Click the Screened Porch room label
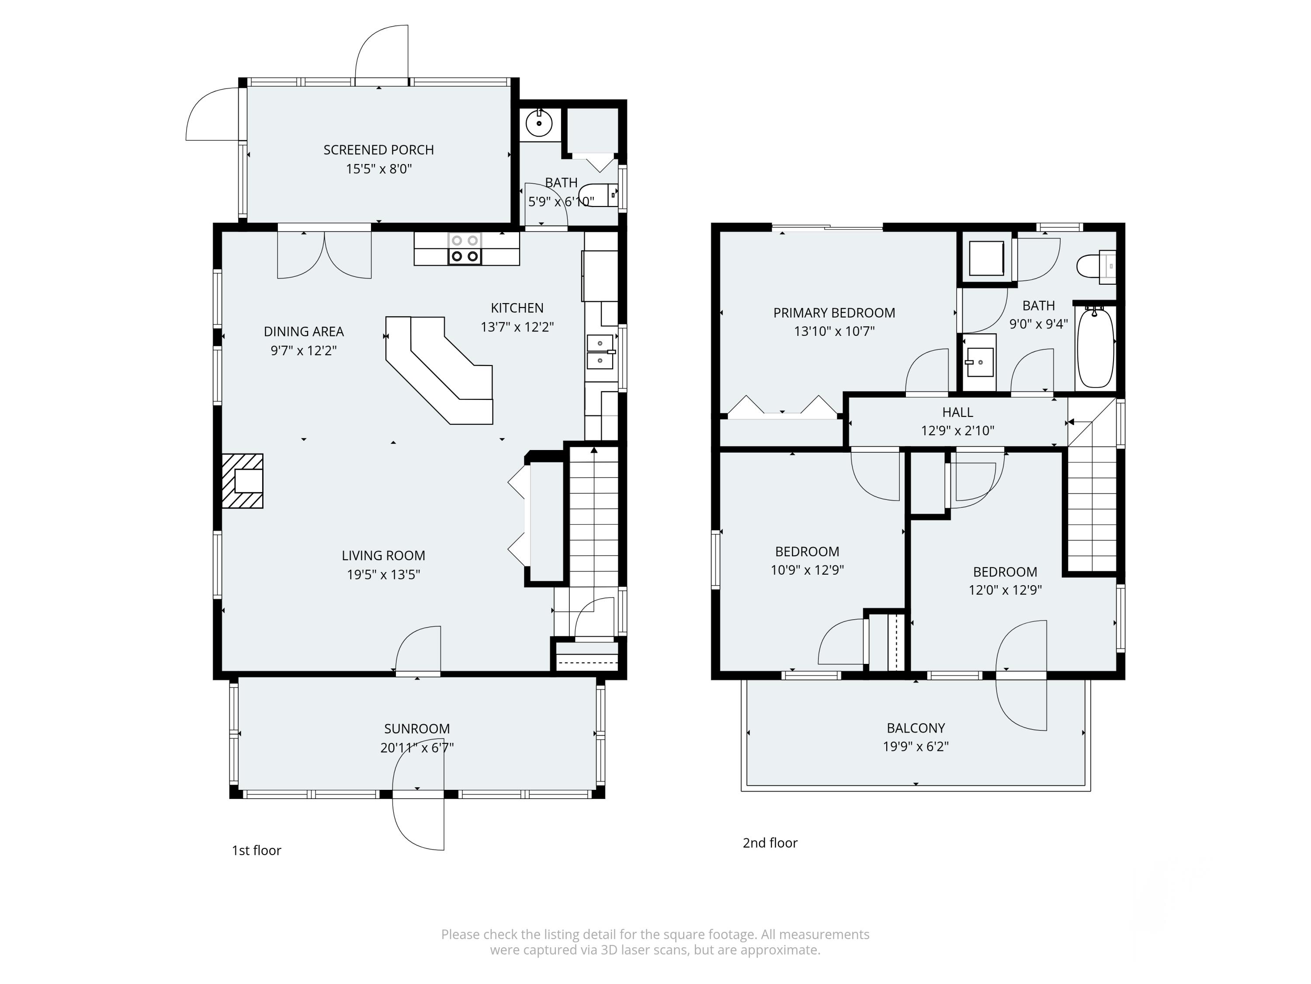(x=379, y=150)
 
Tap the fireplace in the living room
(x=243, y=481)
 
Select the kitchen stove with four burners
(x=465, y=248)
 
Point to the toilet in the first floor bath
(x=598, y=195)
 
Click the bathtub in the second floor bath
(x=1095, y=347)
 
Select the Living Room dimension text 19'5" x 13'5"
(x=383, y=574)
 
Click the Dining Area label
(x=303, y=331)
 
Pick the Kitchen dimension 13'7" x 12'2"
(x=517, y=327)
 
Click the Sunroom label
(x=416, y=729)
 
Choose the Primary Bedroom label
(x=834, y=313)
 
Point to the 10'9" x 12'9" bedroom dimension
(x=807, y=570)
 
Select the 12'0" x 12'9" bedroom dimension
(x=1005, y=590)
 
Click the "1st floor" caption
(x=256, y=851)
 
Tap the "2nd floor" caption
(x=770, y=843)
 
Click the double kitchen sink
(x=600, y=352)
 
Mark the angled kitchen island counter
(x=439, y=370)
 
